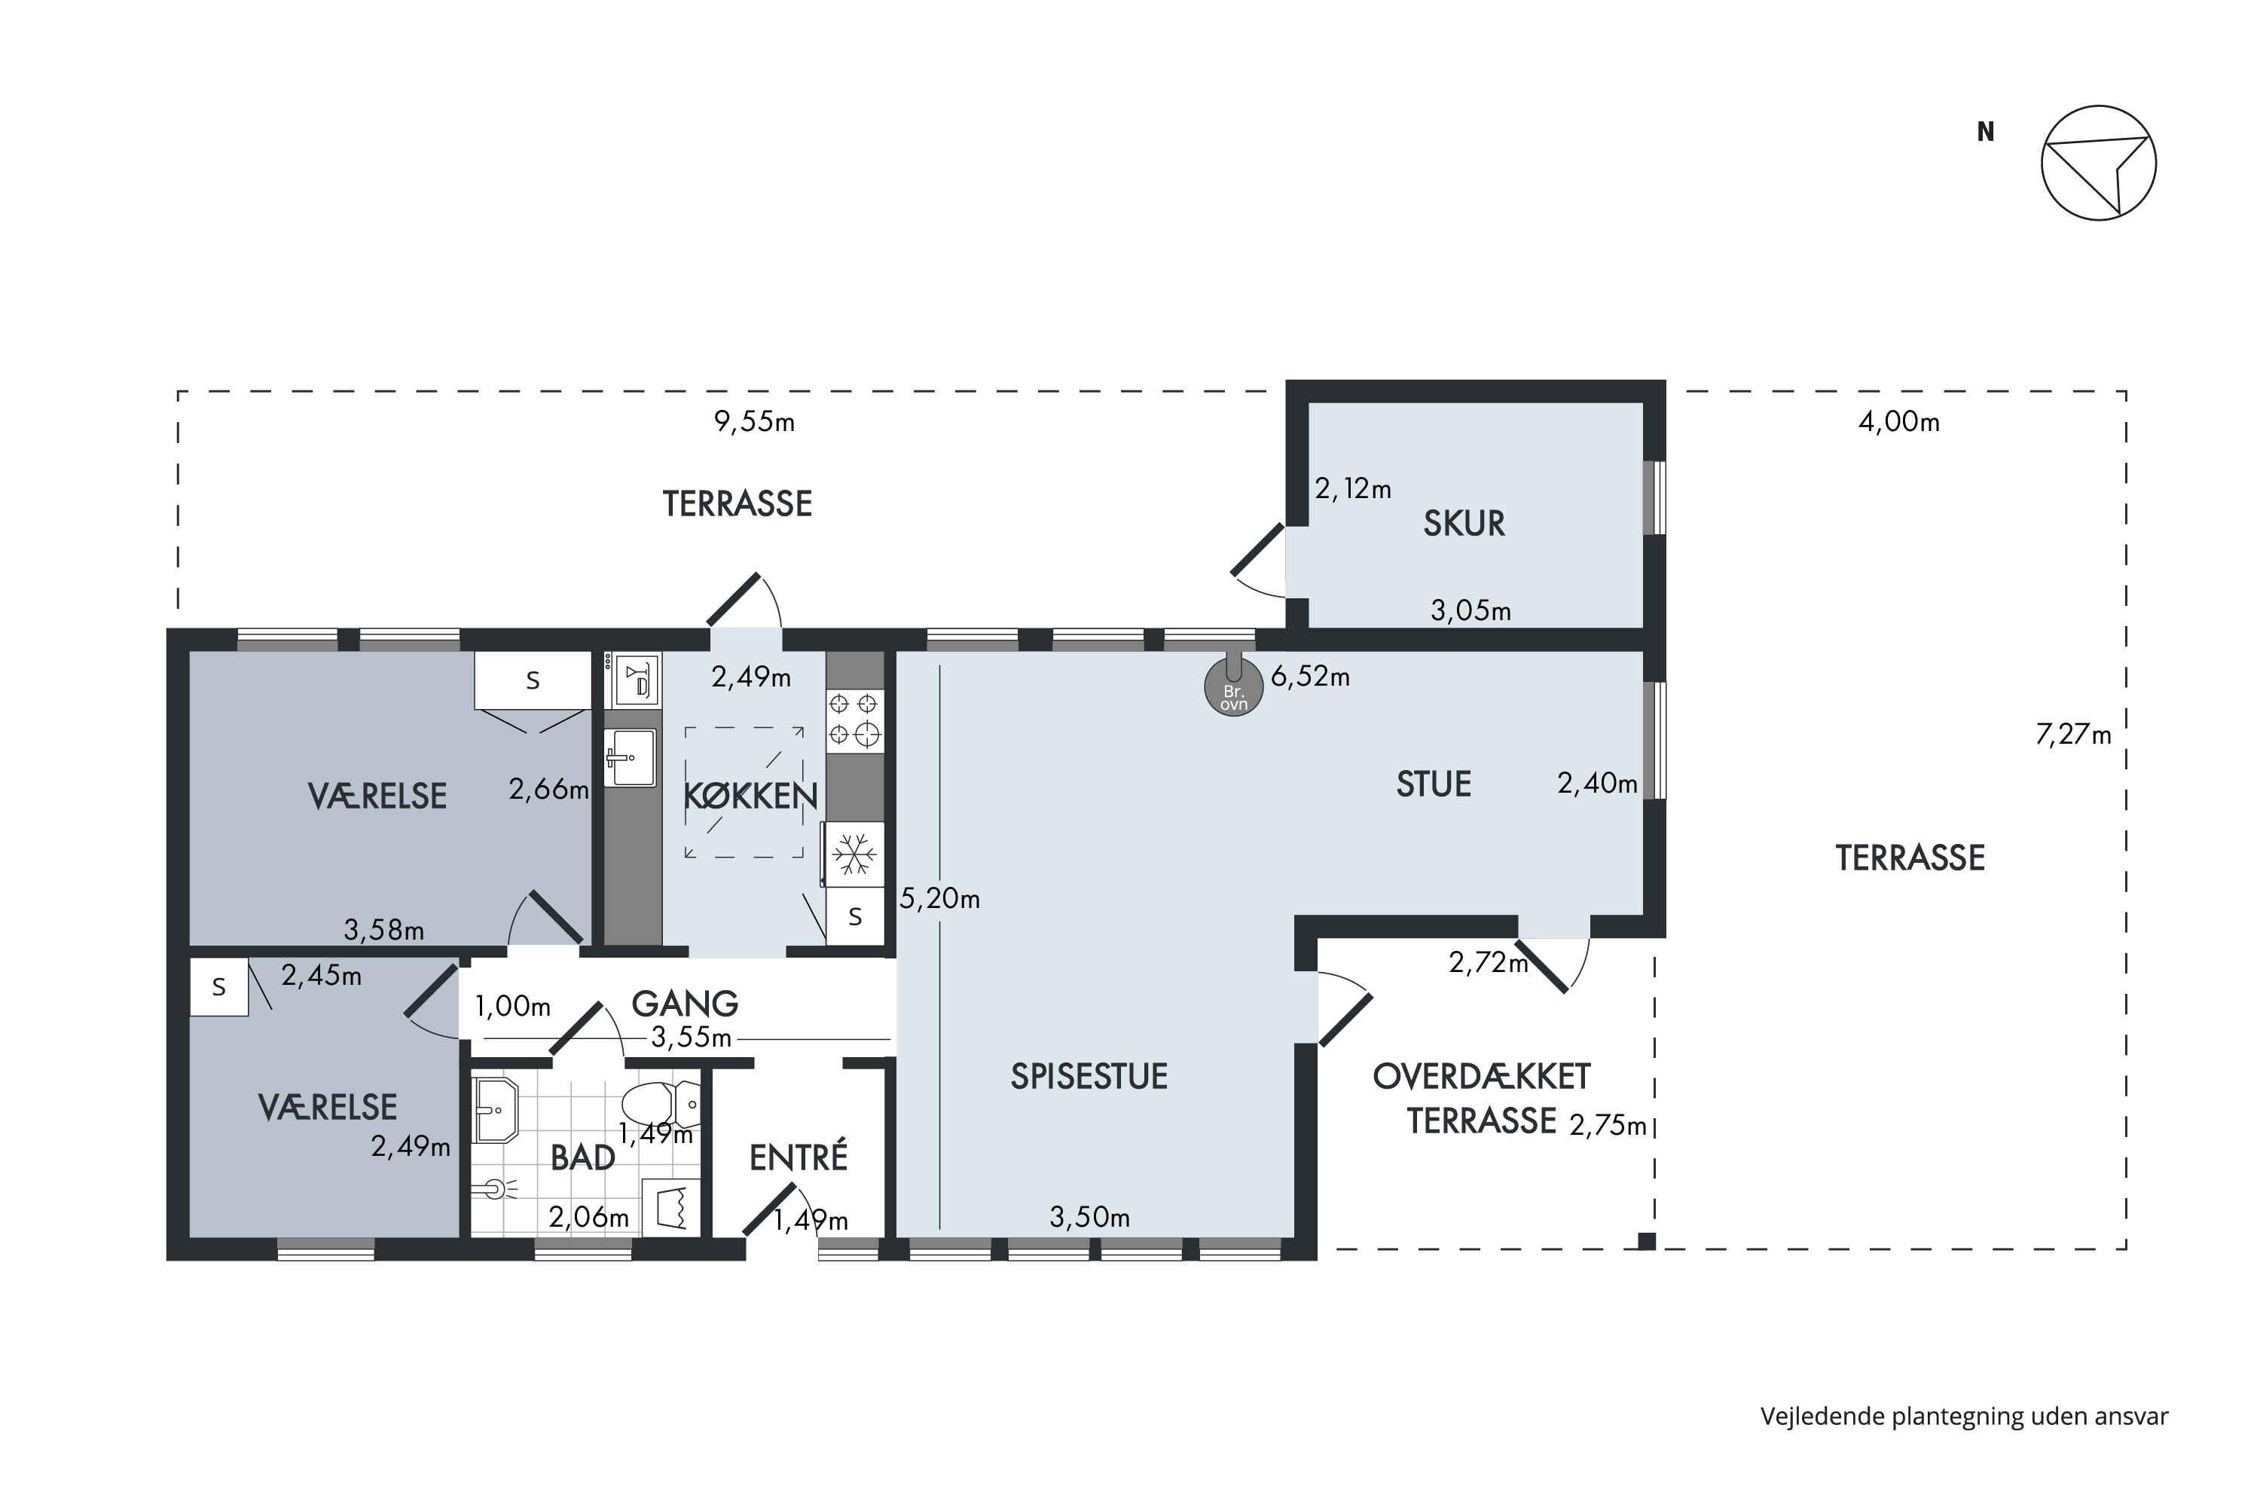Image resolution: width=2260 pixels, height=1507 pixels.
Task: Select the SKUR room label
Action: click(1464, 523)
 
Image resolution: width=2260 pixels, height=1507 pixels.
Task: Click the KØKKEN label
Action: click(750, 796)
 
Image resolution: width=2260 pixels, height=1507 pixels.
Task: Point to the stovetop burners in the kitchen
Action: click(854, 720)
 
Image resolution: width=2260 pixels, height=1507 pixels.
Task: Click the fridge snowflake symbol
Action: click(854, 854)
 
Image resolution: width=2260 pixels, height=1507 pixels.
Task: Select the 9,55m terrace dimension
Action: click(754, 422)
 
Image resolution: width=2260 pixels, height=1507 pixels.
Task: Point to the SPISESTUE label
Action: click(1089, 1077)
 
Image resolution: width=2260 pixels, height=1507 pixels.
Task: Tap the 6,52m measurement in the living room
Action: click(1310, 677)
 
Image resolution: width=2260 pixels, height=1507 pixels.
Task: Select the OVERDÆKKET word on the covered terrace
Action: click(1482, 1077)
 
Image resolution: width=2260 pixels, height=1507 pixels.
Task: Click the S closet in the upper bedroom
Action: click(533, 680)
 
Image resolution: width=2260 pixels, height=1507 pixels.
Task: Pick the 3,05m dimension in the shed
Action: click(1471, 610)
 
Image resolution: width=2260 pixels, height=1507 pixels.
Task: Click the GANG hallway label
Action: click(684, 1004)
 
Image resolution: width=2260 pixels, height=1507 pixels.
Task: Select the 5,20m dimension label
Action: click(939, 899)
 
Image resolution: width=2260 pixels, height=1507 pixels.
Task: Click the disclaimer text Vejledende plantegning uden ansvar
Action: click(1964, 1417)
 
